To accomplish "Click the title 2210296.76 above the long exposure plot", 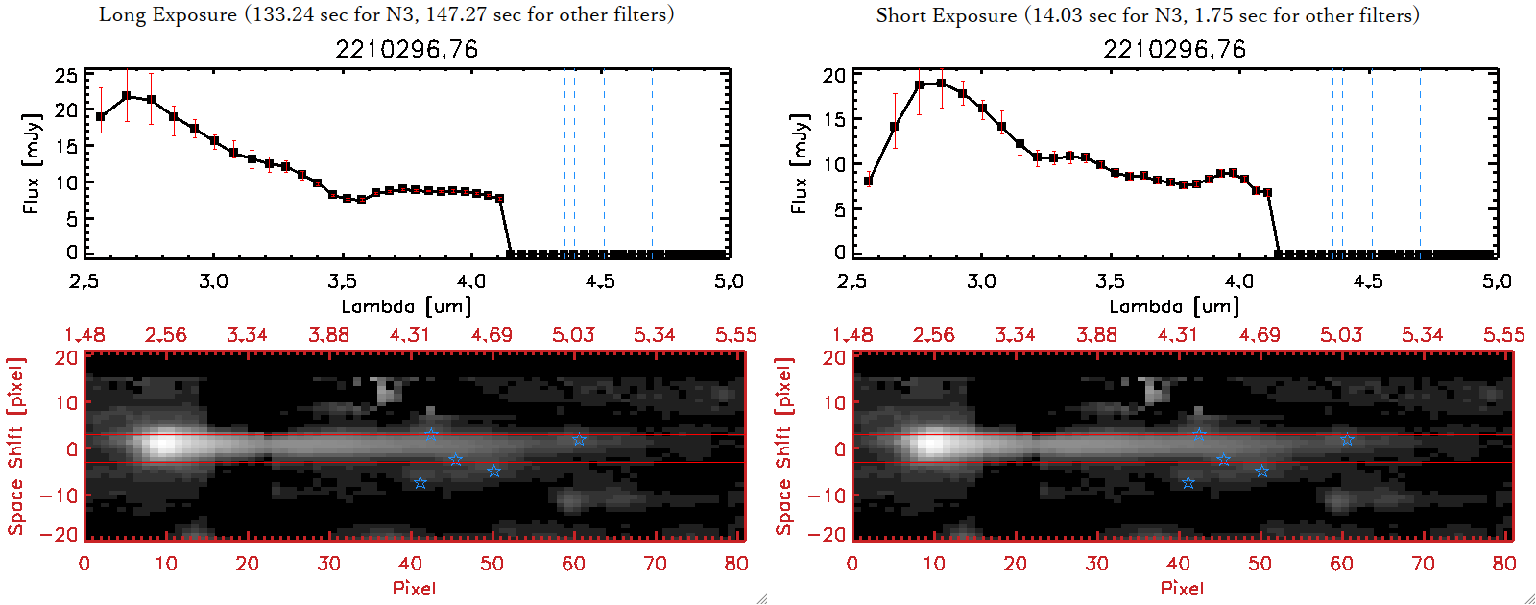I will coord(406,49).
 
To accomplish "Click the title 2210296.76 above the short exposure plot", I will coord(1174,49).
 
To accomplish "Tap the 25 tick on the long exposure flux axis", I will coord(66,75).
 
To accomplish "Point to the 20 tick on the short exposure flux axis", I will coord(834,75).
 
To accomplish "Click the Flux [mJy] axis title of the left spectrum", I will coord(32,163).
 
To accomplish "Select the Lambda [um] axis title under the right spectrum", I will coord(1174,306).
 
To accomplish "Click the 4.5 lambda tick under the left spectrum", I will coord(600,281).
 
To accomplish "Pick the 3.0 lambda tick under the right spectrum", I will coord(981,281).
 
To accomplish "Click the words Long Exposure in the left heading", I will coord(168,14).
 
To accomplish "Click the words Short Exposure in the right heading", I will coord(946,15).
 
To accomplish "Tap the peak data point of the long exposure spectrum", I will coord(127,96).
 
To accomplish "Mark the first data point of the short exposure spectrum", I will coord(869,181).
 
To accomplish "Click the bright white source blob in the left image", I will coord(165,445).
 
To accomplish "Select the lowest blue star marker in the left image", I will coord(420,483).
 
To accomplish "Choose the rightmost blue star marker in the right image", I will coord(1348,440).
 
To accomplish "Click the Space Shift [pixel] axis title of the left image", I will coord(15,447).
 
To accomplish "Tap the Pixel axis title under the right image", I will coord(1182,588).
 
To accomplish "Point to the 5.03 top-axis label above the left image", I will coord(573,335).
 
